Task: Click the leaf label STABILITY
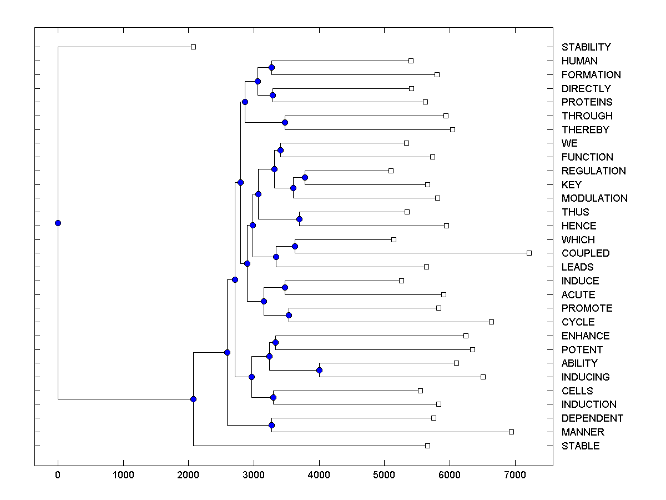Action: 586,47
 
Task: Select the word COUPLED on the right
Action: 586,253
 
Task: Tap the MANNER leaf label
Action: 583,432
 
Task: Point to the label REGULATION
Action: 593,171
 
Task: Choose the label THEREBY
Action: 585,130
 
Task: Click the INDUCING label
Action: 586,377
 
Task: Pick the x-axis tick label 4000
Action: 319,475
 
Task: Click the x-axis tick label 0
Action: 58,475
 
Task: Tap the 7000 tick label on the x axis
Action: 515,475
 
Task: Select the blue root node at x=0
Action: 58,223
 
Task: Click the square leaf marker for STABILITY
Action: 193,47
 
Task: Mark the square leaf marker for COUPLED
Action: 529,253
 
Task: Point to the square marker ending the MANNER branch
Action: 511,432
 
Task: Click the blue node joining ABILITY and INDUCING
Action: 319,370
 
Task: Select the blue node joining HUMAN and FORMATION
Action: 271,68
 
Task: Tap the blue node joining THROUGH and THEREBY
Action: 285,122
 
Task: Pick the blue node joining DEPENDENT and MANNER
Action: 271,425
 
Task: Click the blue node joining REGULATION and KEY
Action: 305,177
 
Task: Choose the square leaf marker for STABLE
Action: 427,446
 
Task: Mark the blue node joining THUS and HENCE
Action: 299,219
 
